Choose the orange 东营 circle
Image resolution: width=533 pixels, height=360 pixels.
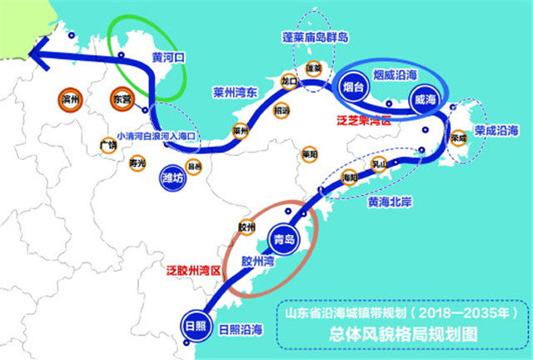click(x=121, y=98)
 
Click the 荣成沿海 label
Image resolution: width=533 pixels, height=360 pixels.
click(x=497, y=131)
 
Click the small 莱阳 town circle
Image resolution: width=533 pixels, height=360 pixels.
click(x=309, y=153)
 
